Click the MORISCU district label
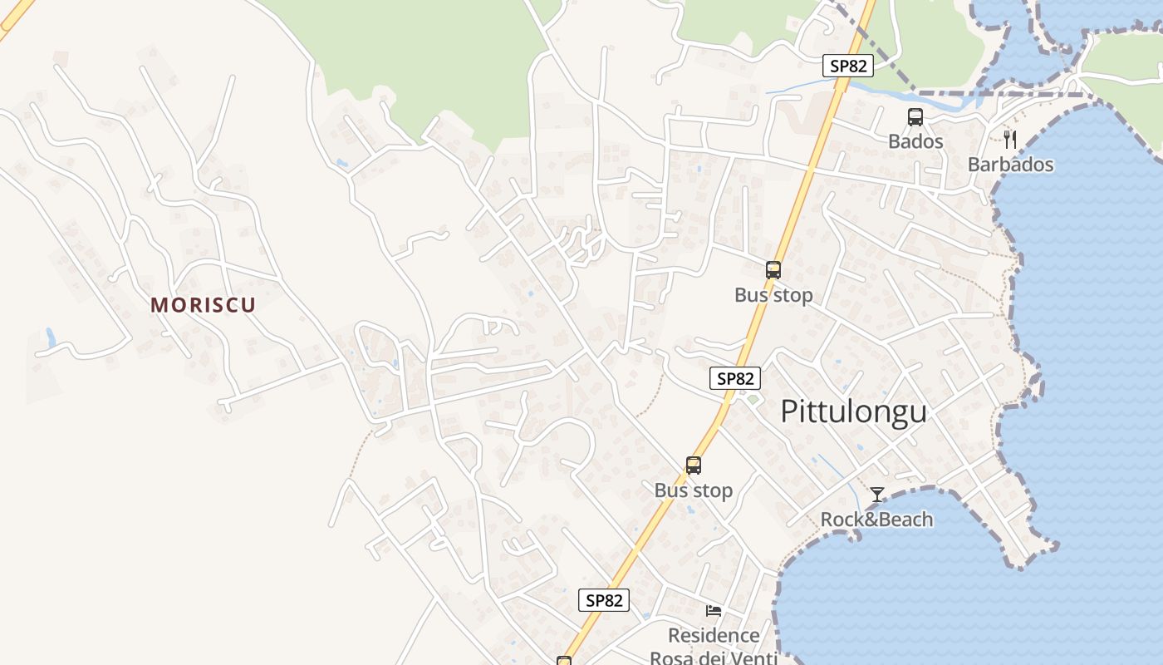click(203, 305)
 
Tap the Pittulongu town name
click(853, 411)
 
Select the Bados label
click(915, 141)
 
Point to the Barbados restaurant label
click(1010, 165)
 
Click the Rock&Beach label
click(876, 520)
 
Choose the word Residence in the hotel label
click(714, 636)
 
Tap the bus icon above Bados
click(915, 117)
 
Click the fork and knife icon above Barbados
click(1010, 139)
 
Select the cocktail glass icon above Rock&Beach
click(877, 495)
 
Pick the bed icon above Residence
click(714, 611)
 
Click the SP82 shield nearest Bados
click(848, 66)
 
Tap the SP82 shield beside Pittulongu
click(736, 378)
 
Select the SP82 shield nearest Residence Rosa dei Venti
click(604, 600)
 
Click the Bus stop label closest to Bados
click(773, 295)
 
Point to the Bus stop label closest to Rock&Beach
click(694, 490)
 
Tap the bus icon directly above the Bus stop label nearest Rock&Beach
click(694, 465)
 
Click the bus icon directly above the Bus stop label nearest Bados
click(773, 269)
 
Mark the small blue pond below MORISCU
click(51, 337)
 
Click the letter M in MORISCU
click(159, 305)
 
